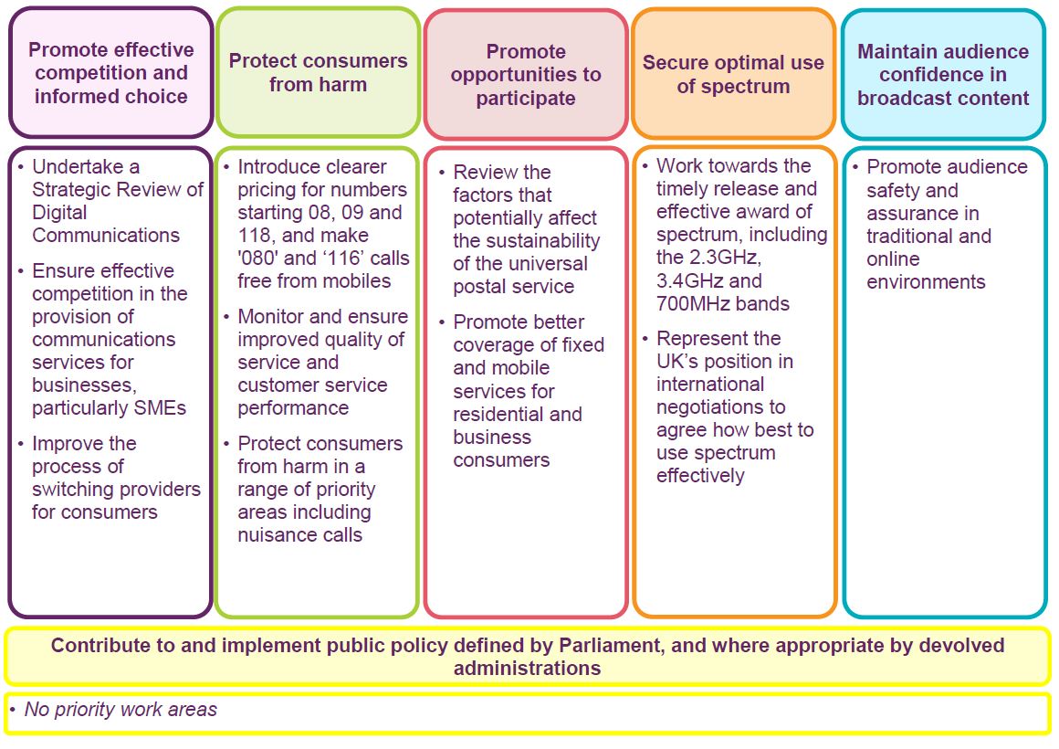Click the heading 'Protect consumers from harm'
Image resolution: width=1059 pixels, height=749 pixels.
pos(318,72)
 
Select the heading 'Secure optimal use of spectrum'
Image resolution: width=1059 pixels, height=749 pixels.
pos(733,74)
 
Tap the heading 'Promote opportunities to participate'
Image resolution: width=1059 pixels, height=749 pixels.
pos(526,74)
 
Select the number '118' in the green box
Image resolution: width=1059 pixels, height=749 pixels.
pos(256,236)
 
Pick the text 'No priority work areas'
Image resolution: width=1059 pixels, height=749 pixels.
pos(121,709)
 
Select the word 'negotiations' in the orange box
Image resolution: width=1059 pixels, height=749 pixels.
pos(720,407)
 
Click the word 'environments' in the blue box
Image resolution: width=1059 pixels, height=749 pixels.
pos(926,282)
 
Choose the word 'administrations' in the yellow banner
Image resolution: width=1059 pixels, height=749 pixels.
pos(528,669)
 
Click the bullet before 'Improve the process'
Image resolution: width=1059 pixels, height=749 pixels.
pos(22,444)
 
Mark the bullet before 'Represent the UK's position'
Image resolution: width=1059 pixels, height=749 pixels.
pos(646,338)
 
